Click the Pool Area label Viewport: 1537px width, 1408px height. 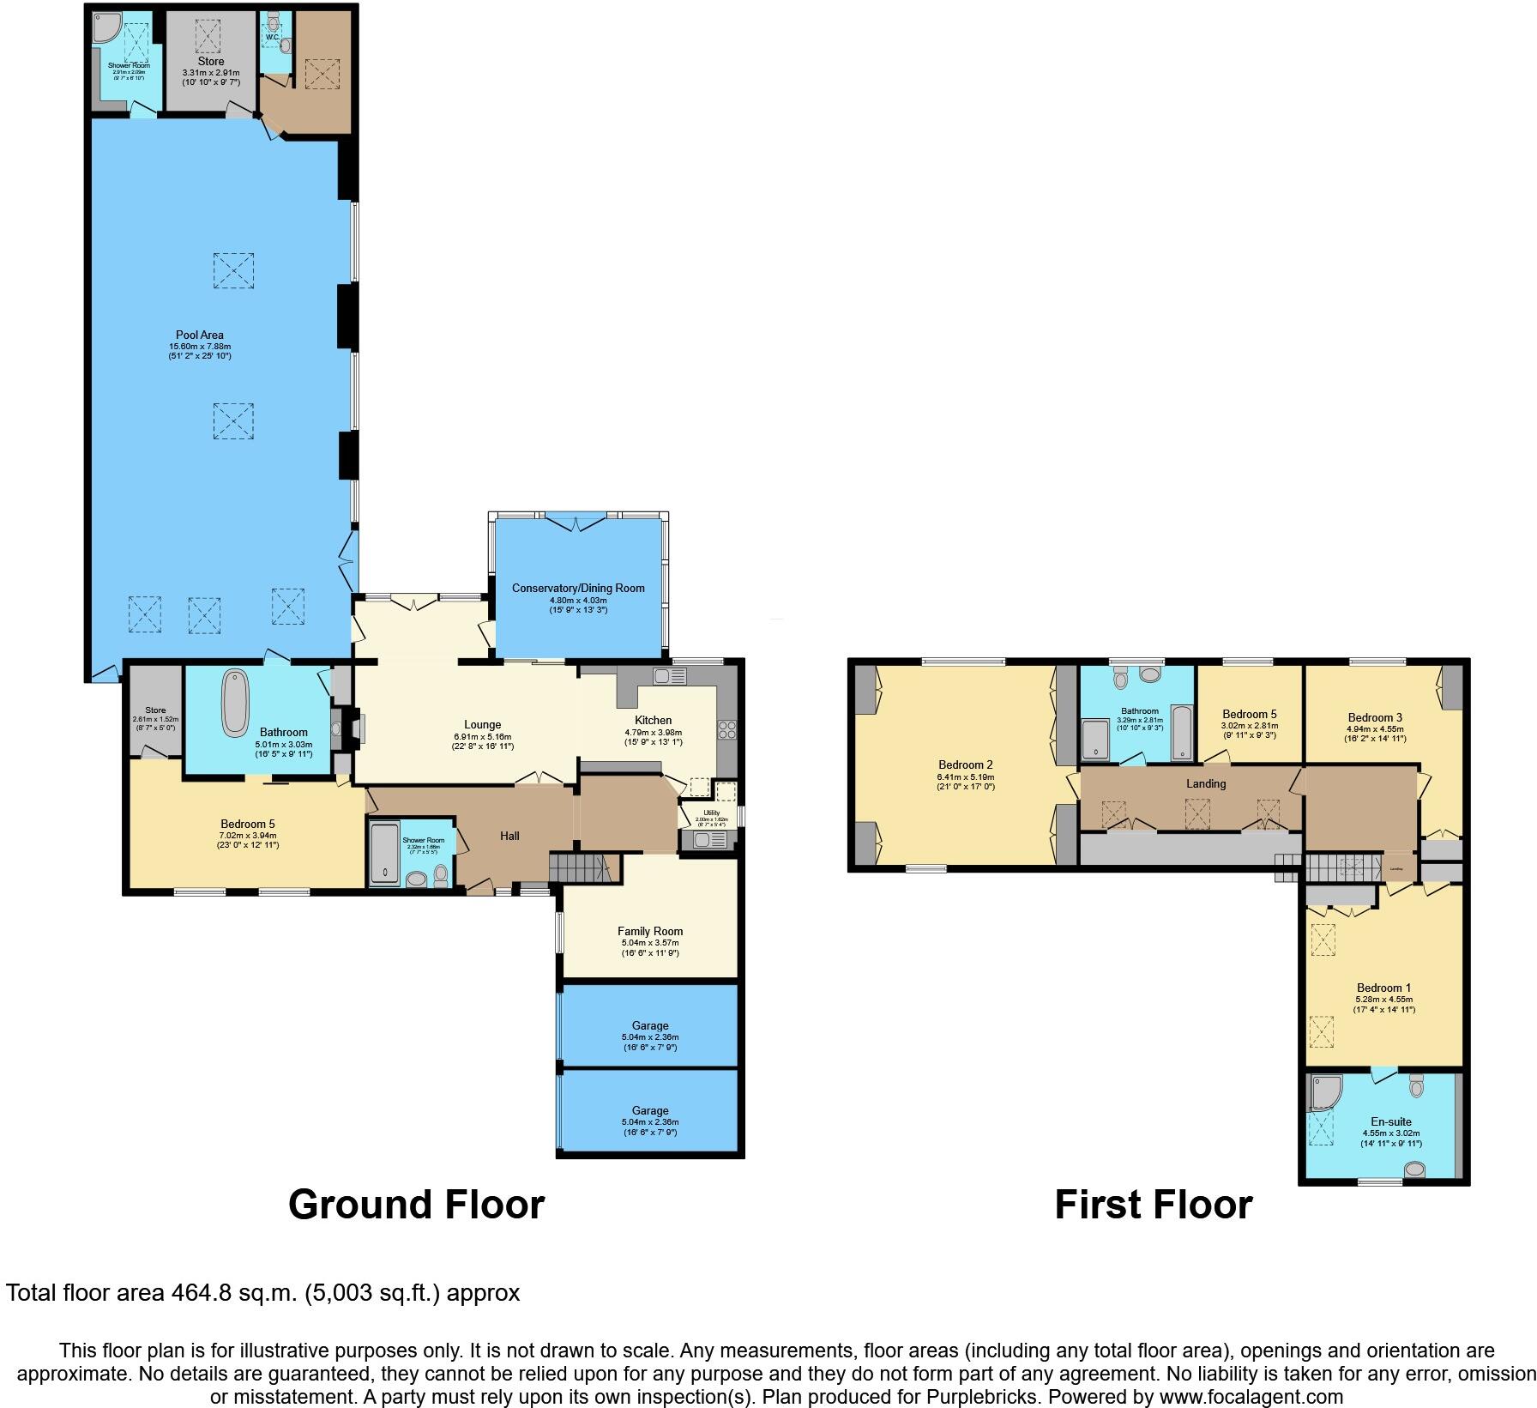[x=200, y=335]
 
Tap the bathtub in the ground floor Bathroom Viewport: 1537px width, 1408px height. [x=234, y=704]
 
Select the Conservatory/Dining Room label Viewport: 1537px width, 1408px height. [x=578, y=588]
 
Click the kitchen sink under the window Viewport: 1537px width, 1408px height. [x=670, y=677]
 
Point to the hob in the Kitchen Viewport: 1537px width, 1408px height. [x=726, y=730]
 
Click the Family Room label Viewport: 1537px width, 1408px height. [x=650, y=931]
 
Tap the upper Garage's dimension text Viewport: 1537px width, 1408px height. [x=650, y=1042]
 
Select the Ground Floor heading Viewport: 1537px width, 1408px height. [x=416, y=1205]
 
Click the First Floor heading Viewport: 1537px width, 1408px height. [x=1153, y=1205]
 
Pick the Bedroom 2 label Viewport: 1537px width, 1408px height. [x=965, y=764]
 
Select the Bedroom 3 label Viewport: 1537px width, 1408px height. [x=1375, y=717]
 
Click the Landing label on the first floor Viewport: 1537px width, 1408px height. [x=1206, y=783]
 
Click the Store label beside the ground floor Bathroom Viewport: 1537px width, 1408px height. [x=155, y=710]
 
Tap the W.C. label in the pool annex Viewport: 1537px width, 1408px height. [x=272, y=38]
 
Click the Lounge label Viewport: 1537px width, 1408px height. [x=482, y=725]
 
